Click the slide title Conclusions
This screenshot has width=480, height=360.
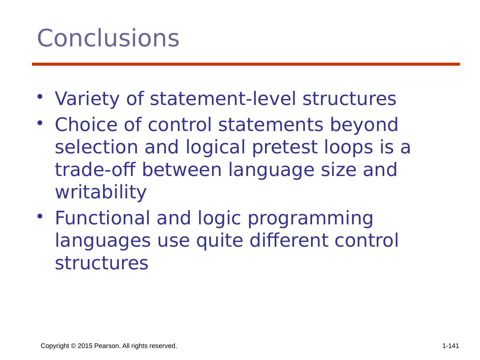click(x=108, y=38)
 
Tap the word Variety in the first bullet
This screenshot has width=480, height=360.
click(x=87, y=99)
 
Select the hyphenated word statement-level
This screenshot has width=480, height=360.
click(x=223, y=99)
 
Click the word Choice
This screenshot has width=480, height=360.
click(x=86, y=124)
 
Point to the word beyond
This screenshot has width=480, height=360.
click(x=364, y=125)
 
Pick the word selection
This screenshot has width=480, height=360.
click(x=96, y=147)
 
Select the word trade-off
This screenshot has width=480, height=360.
click(x=95, y=169)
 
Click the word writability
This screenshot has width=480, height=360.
click(x=101, y=192)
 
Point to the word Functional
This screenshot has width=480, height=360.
click(x=102, y=218)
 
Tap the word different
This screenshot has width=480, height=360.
click(x=289, y=240)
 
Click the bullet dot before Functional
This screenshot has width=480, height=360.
click(x=40, y=216)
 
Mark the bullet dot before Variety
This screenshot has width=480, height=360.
click(x=40, y=96)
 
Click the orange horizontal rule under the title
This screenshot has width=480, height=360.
click(x=246, y=64)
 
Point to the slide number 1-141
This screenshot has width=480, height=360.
click(x=450, y=346)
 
